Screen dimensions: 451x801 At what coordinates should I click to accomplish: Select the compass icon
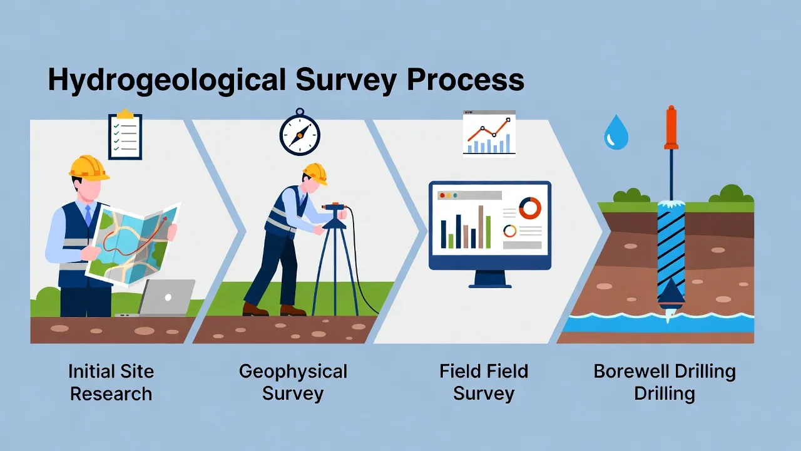click(x=300, y=133)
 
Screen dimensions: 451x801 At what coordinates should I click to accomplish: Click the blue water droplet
click(x=615, y=132)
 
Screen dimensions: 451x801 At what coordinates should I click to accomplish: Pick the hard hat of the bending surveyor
click(x=315, y=173)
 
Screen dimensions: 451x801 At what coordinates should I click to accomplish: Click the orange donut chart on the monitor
click(x=529, y=208)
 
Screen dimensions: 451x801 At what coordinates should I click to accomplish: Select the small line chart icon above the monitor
click(x=489, y=133)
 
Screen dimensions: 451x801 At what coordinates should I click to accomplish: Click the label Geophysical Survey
click(x=293, y=382)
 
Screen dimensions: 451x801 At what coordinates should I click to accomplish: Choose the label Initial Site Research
click(x=111, y=382)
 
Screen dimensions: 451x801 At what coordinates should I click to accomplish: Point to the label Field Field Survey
click(x=484, y=382)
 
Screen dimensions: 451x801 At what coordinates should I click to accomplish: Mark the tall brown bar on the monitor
click(x=481, y=227)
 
